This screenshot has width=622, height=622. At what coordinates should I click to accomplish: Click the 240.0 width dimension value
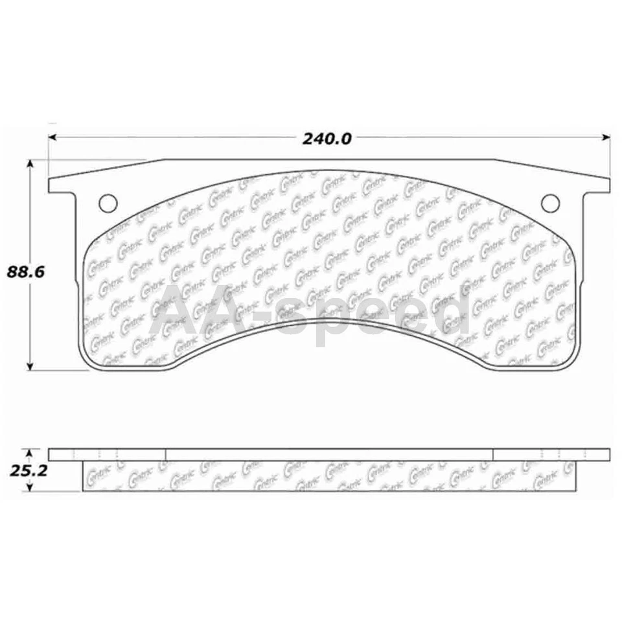[x=327, y=139]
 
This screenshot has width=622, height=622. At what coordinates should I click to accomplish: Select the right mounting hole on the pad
[x=550, y=203]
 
